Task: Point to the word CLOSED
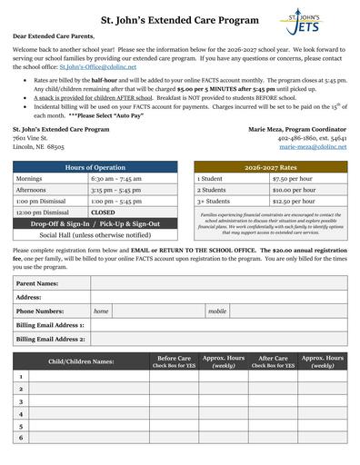[x=103, y=212]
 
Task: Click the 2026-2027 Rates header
[x=270, y=167]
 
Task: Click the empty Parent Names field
[x=216, y=283]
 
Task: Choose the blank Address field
[x=216, y=297]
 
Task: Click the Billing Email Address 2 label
[x=50, y=339]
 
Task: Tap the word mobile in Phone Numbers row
[x=217, y=311]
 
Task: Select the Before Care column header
[x=174, y=361]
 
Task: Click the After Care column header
[x=274, y=361]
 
